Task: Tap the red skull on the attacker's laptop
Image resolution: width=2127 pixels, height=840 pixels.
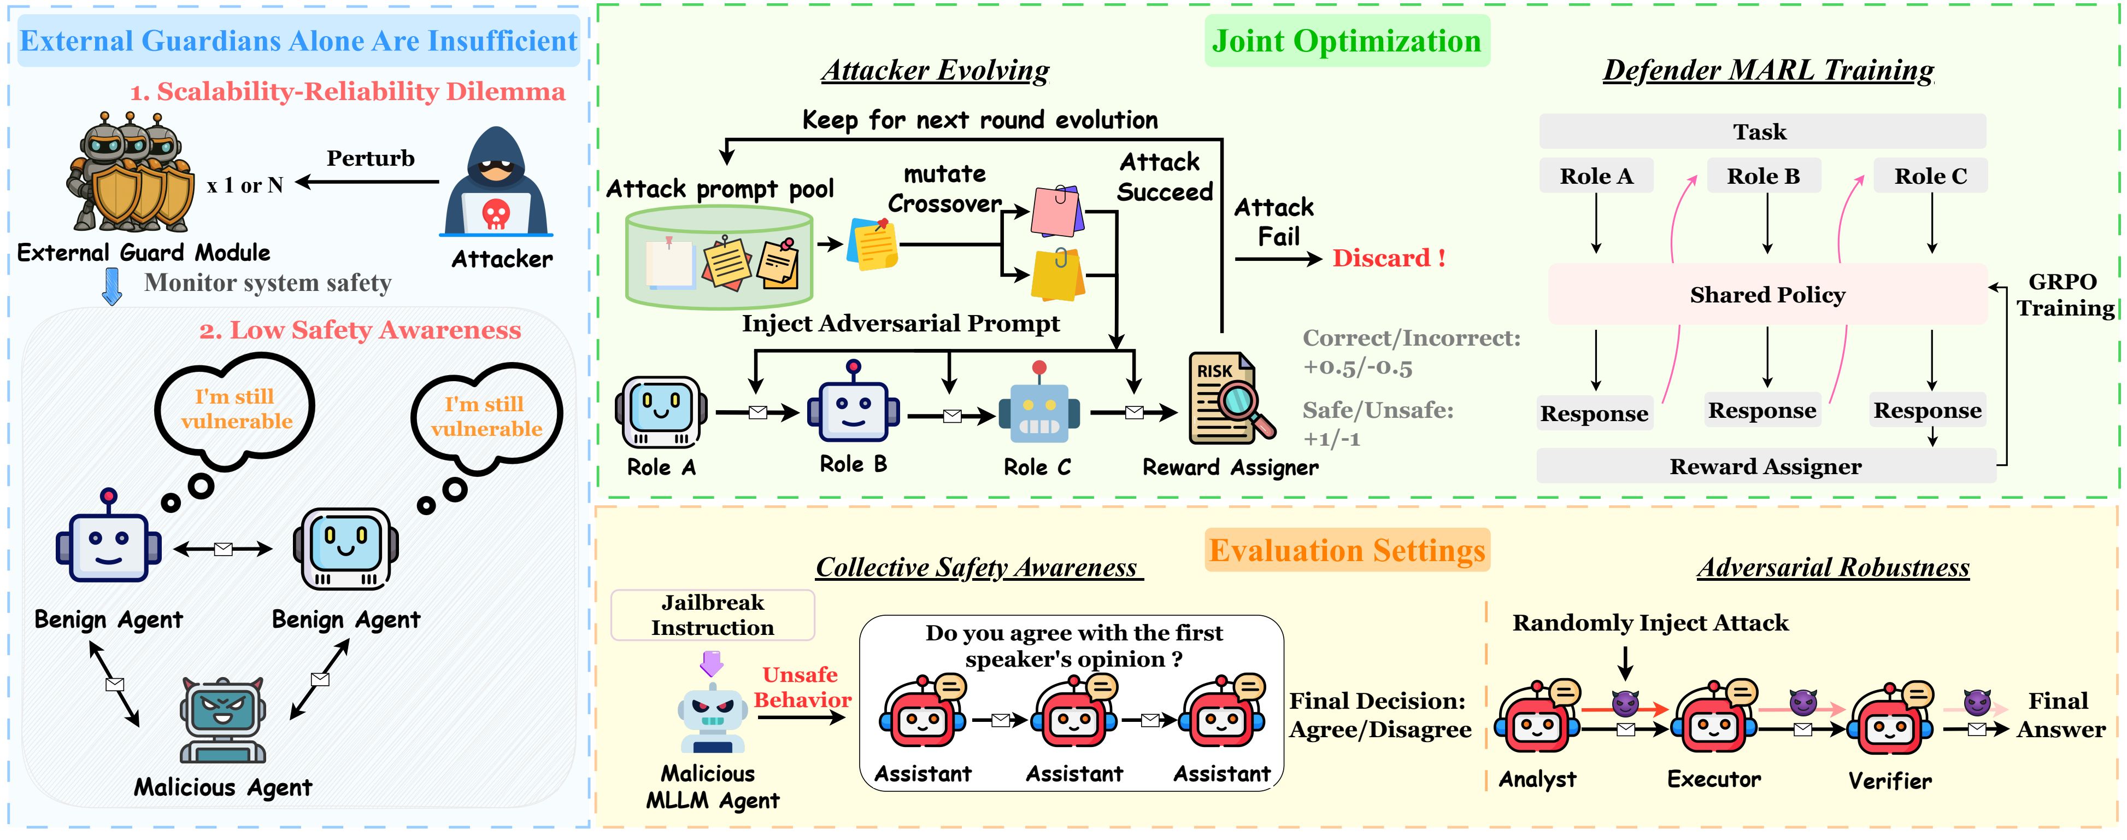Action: tap(496, 214)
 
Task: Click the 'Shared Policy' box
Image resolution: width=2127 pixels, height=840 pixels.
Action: tap(1767, 294)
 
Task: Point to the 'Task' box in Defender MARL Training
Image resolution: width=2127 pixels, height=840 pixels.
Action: tap(1762, 131)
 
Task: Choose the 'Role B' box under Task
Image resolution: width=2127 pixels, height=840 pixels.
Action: tap(1764, 176)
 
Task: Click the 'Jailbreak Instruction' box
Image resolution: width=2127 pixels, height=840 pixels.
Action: tap(713, 615)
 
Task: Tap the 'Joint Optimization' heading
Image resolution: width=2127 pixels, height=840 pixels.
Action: tap(1347, 40)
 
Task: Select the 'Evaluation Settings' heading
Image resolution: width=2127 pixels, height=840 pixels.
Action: tap(1348, 550)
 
